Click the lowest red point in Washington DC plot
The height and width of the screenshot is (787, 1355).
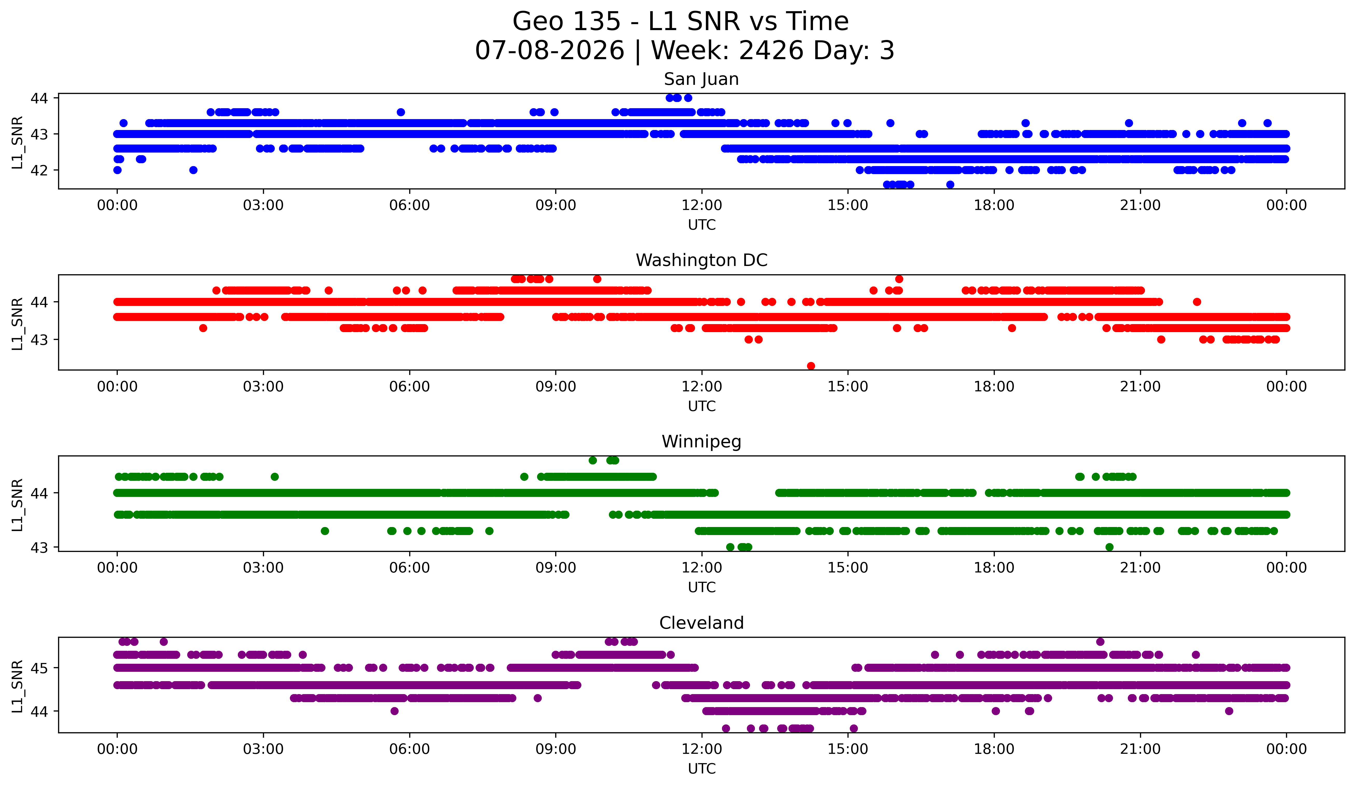[811, 366]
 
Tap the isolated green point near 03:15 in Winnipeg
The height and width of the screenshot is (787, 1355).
[275, 477]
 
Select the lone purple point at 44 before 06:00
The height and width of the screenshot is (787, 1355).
[394, 711]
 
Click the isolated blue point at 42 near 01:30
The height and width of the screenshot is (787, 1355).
[193, 170]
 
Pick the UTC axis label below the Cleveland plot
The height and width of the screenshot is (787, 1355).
[702, 769]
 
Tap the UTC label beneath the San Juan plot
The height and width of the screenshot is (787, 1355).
[702, 225]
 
